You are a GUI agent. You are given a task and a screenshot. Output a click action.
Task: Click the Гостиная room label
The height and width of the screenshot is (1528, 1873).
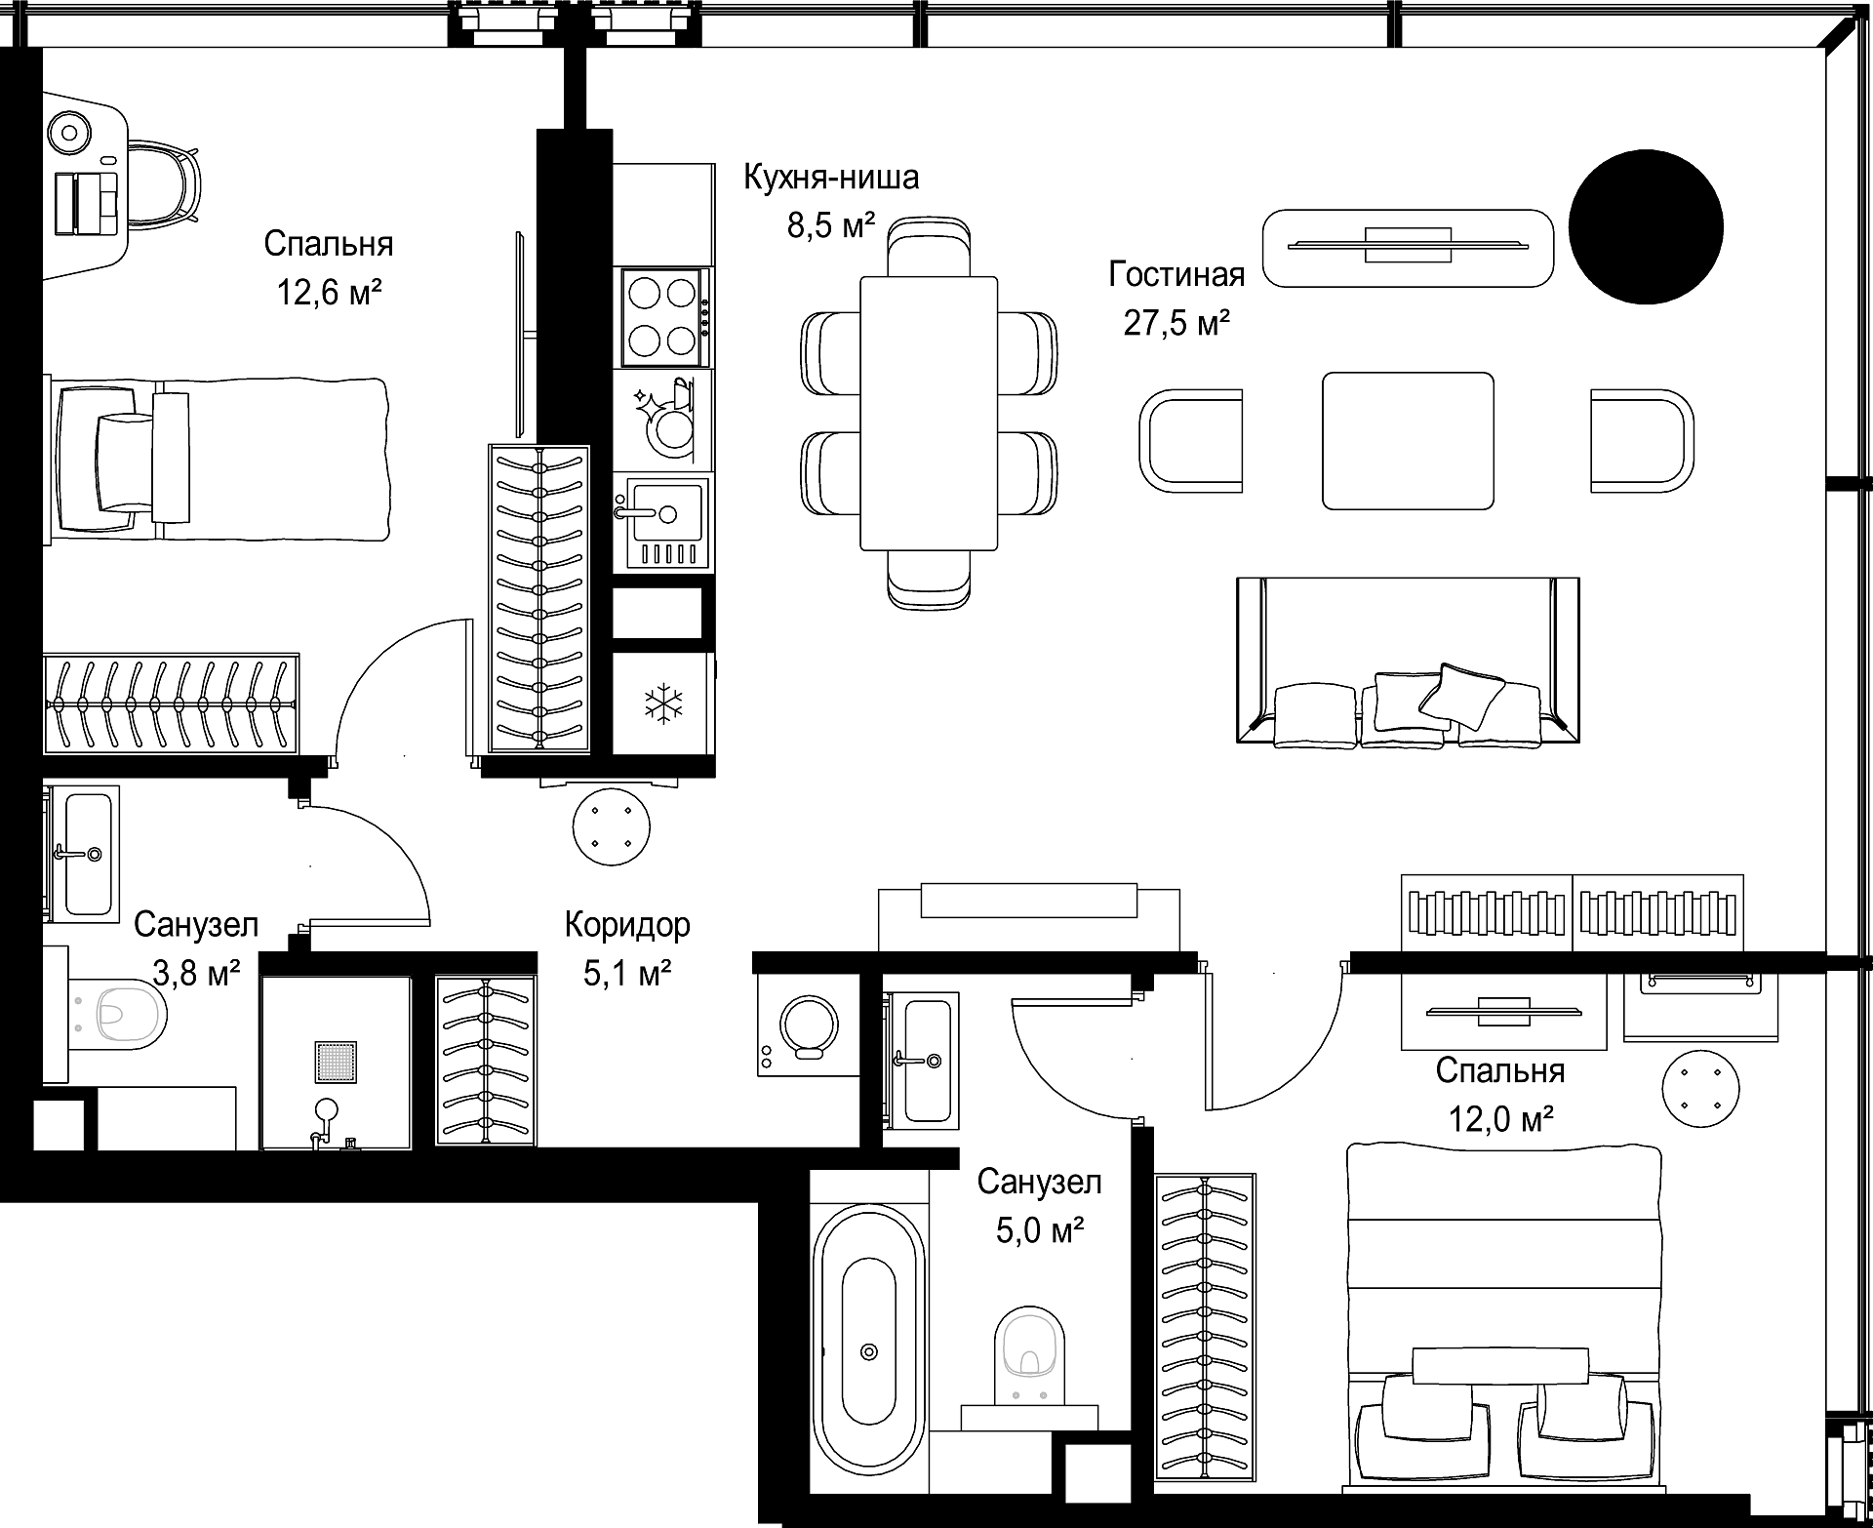pyautogui.click(x=1176, y=275)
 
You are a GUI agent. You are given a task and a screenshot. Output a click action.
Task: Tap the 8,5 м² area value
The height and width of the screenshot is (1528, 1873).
pyautogui.click(x=831, y=226)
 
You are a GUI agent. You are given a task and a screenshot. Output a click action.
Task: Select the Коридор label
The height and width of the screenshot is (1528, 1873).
pyautogui.click(x=627, y=924)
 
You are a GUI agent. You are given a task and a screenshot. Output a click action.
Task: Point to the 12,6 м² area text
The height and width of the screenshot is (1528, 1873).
pyautogui.click(x=329, y=291)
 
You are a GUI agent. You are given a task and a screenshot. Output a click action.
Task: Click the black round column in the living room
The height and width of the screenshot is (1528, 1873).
pyautogui.click(x=1646, y=226)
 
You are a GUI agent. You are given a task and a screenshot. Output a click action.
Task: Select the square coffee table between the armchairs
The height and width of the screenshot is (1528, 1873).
pyautogui.click(x=1408, y=440)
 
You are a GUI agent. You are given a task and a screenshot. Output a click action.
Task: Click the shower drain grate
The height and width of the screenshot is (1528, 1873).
pyautogui.click(x=335, y=1063)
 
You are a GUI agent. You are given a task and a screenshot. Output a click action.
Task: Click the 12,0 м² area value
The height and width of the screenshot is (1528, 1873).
pyautogui.click(x=1500, y=1118)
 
